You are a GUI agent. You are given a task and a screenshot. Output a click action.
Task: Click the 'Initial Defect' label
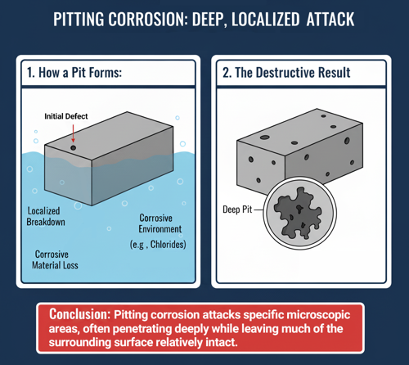point(66,116)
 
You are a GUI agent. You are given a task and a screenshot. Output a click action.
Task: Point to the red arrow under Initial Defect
point(73,133)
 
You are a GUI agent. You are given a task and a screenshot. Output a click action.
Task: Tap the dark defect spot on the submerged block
point(73,148)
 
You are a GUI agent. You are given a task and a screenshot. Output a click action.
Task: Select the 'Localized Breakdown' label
point(46,216)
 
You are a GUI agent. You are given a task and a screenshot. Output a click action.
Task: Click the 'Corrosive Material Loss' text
point(55,259)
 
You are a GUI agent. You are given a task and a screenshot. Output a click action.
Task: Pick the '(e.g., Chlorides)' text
point(158,245)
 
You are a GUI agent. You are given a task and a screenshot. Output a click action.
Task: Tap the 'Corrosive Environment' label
point(160,223)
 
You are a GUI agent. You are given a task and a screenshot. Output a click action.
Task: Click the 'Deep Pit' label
point(237,210)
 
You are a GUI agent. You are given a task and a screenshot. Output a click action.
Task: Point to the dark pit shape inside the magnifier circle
point(298,213)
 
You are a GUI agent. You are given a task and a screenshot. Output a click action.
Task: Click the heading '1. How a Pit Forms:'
point(74,73)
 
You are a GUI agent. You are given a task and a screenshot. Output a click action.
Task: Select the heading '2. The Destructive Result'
point(286,73)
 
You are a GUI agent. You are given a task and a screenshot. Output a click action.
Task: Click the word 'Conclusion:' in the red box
point(79,314)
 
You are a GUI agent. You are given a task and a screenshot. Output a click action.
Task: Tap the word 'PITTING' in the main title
point(79,20)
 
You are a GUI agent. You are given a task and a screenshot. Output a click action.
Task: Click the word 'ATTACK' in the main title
point(330,20)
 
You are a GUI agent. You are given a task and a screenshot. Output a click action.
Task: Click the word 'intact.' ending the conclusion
point(220,342)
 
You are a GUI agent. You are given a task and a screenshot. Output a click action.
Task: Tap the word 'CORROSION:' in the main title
point(148,20)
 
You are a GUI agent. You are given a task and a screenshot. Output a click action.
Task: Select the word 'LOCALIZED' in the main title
point(266,20)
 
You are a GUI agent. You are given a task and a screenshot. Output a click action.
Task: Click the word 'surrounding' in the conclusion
point(80,343)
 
